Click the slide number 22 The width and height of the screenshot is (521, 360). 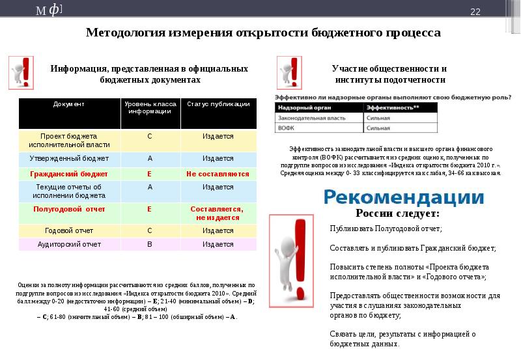(x=475, y=12)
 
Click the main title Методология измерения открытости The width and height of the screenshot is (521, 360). (x=263, y=33)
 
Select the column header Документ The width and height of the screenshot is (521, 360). (x=69, y=104)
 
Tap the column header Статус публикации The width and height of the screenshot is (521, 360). (x=218, y=104)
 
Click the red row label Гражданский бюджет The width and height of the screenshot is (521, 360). (x=69, y=174)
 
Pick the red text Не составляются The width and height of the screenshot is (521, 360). (x=218, y=174)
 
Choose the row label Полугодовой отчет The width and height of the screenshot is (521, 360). (x=69, y=209)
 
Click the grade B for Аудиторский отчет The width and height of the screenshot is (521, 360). (x=149, y=245)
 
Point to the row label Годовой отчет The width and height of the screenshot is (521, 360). (x=69, y=230)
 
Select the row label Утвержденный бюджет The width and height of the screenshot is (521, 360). (x=69, y=158)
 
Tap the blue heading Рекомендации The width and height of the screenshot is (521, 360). (x=404, y=197)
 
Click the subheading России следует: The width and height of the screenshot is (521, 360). (x=397, y=214)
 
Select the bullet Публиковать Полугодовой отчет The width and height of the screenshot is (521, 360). (x=386, y=228)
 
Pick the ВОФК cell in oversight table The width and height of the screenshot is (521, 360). (x=287, y=129)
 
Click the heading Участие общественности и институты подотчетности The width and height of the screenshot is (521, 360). (x=389, y=74)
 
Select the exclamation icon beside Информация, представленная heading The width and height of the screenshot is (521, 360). (x=21, y=73)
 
